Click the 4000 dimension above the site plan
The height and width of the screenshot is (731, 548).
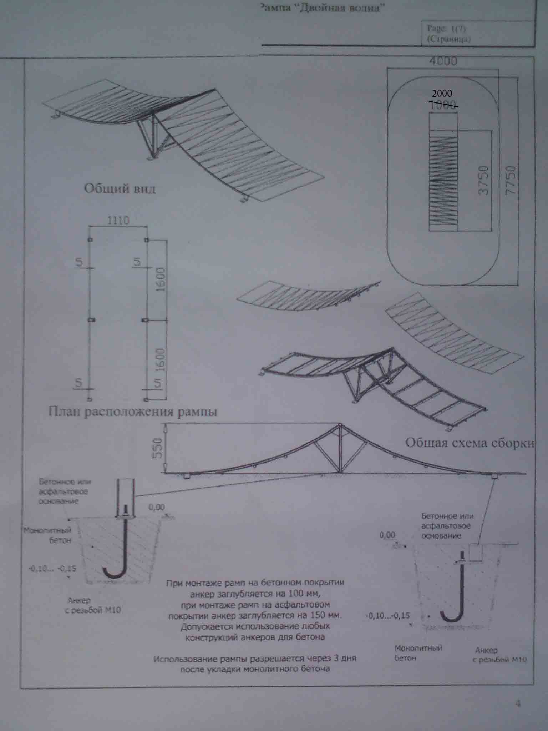click(443, 61)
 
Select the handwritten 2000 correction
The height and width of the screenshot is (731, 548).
click(442, 94)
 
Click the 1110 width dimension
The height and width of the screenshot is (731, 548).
click(118, 221)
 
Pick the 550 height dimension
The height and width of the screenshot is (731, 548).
click(158, 448)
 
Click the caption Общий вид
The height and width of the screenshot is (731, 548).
click(120, 188)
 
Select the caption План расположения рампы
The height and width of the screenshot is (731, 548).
click(132, 412)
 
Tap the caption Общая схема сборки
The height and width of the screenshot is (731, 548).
click(470, 443)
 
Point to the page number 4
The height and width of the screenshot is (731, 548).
click(518, 704)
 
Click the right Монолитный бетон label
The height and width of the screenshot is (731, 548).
click(418, 653)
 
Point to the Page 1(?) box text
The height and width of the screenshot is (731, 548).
click(448, 34)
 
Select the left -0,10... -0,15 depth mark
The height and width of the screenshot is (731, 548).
click(52, 569)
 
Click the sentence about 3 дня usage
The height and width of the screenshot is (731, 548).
click(255, 664)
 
